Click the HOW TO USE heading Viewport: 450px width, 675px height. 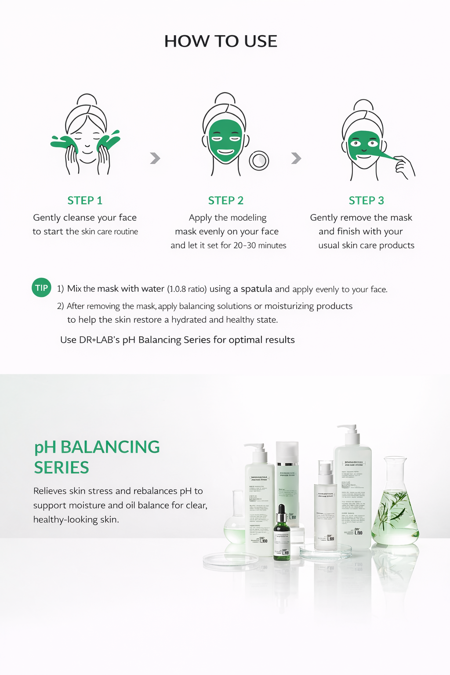221,41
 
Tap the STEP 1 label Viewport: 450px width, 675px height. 85,200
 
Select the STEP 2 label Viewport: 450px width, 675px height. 225,200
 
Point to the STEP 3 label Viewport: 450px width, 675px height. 366,200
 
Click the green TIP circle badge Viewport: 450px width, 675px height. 41,288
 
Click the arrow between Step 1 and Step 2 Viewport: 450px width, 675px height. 155,158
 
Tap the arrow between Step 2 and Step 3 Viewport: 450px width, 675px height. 296,158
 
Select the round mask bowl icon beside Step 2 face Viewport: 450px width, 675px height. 259,160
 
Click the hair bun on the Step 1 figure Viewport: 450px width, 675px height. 87,99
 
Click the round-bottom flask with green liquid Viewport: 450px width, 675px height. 235,523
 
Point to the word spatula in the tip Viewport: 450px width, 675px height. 256,289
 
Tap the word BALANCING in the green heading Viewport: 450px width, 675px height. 110,447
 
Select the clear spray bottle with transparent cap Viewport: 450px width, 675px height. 326,505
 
